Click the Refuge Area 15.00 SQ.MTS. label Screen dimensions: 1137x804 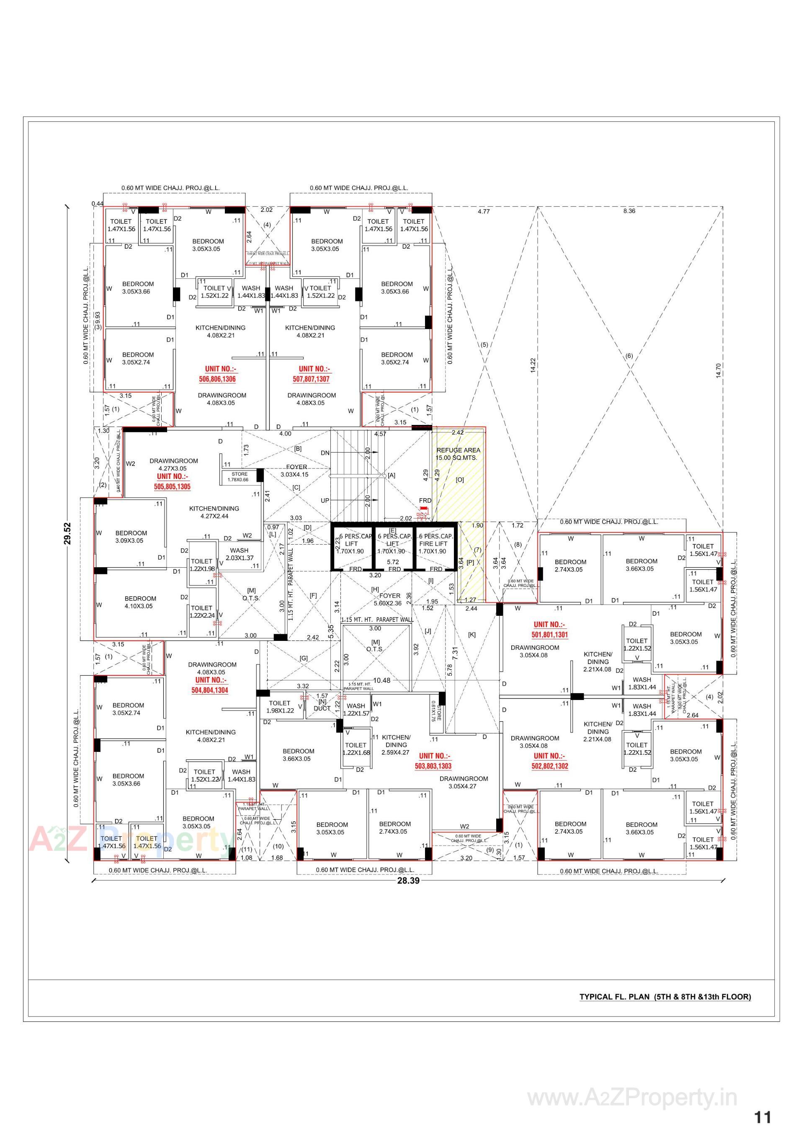click(x=458, y=454)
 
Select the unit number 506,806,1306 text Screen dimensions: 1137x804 click(x=217, y=379)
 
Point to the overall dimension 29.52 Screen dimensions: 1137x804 click(x=67, y=533)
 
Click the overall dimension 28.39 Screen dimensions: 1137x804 click(x=408, y=880)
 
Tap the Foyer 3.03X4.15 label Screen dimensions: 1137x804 click(x=295, y=471)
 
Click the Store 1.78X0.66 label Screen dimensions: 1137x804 click(x=239, y=476)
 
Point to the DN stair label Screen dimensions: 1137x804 click(x=325, y=453)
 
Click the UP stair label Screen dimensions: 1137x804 click(x=325, y=500)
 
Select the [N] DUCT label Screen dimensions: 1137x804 click(x=322, y=705)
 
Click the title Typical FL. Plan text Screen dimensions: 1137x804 click(x=665, y=997)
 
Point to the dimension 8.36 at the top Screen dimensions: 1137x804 click(x=629, y=211)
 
